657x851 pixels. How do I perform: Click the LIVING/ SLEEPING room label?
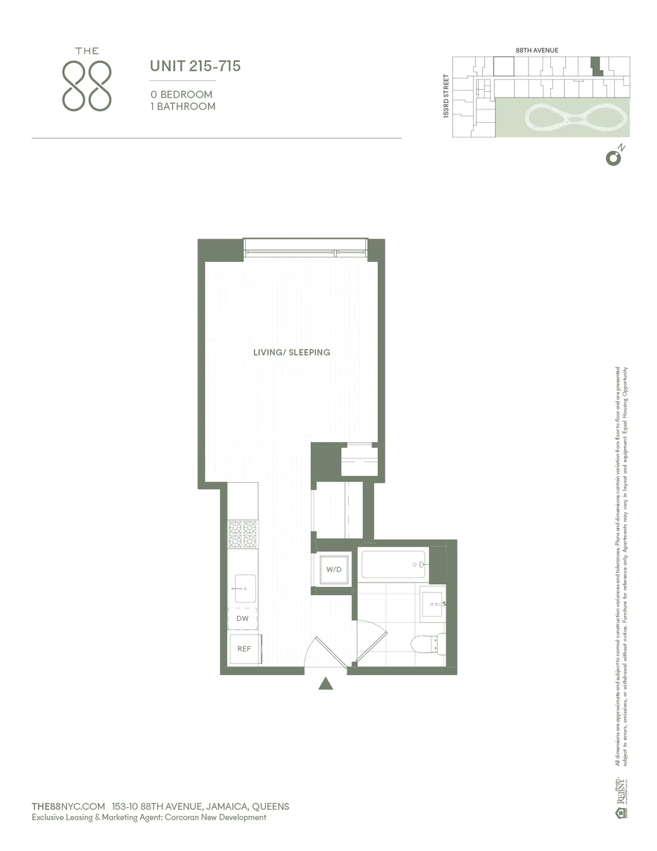[291, 352]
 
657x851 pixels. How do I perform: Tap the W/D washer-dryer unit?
[333, 569]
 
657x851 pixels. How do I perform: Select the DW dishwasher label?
[243, 619]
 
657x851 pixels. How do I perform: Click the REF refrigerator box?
[244, 649]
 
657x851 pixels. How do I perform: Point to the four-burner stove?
[243, 534]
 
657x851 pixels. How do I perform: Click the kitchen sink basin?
[244, 588]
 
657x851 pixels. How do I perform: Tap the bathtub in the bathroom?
[394, 564]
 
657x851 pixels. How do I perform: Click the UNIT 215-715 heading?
[195, 66]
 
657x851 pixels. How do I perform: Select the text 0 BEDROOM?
[181, 94]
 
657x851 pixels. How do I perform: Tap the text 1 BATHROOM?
[183, 106]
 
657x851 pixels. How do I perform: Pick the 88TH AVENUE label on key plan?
[537, 50]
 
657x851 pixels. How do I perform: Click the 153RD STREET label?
[446, 96]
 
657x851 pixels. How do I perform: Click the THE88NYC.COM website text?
[68, 806]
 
